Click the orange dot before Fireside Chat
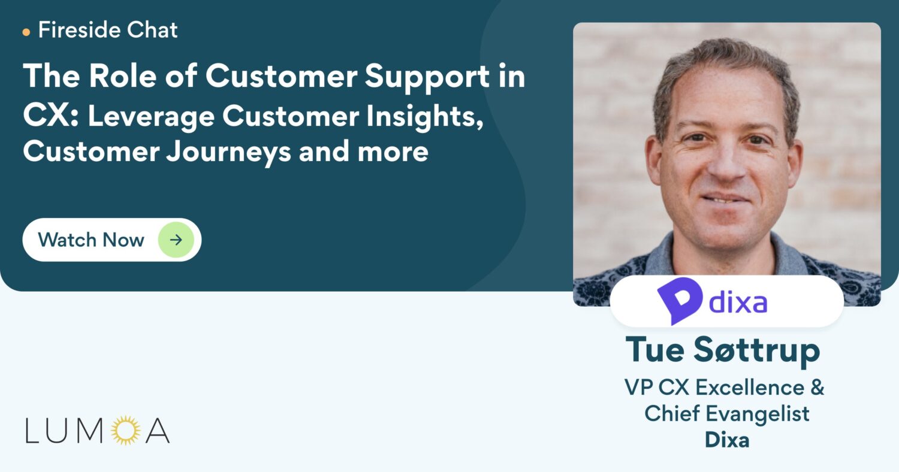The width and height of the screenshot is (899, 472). pyautogui.click(x=26, y=32)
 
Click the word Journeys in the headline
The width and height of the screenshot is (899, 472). pyautogui.click(x=229, y=152)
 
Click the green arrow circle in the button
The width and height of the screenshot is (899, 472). pyautogui.click(x=176, y=240)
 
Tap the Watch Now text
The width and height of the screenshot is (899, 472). pyautogui.click(x=91, y=240)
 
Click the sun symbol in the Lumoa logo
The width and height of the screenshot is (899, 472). pyautogui.click(x=126, y=430)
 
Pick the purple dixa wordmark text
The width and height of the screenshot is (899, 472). pyautogui.click(x=738, y=302)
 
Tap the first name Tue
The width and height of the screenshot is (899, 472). pyautogui.click(x=655, y=350)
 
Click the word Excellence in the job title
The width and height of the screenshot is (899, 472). pyautogui.click(x=750, y=388)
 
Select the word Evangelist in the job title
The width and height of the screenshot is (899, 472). pyautogui.click(x=758, y=413)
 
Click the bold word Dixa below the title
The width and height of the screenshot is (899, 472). pyautogui.click(x=727, y=440)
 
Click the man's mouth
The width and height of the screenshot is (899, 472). pyautogui.click(x=725, y=198)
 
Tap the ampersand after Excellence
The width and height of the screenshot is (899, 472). pyautogui.click(x=817, y=388)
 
